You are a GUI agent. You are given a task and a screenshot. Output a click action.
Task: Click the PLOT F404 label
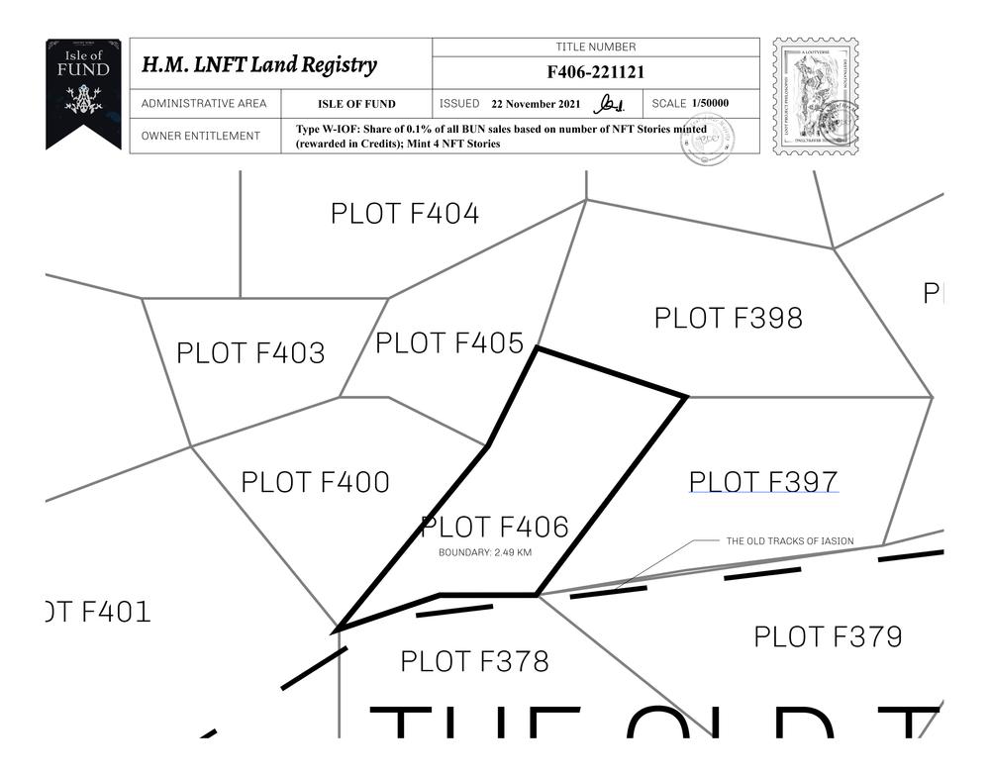(x=405, y=214)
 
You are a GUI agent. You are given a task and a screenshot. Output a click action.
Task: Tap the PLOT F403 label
(x=250, y=353)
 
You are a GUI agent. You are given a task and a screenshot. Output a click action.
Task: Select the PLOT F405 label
(x=449, y=343)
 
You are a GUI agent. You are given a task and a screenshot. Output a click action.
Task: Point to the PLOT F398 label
(x=729, y=319)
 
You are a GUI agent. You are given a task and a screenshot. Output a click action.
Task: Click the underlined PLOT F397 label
(x=763, y=482)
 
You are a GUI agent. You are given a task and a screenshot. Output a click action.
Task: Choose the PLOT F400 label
(x=316, y=483)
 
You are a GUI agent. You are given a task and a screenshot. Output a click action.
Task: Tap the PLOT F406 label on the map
(x=495, y=528)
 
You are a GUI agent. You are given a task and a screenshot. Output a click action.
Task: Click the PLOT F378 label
(x=474, y=661)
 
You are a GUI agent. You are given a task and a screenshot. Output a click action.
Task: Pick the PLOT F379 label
(x=829, y=636)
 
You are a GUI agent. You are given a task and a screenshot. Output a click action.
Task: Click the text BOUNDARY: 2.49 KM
(x=485, y=552)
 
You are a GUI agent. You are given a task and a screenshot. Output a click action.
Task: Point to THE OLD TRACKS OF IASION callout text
(x=790, y=541)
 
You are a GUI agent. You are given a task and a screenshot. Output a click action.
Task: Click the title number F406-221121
(x=596, y=72)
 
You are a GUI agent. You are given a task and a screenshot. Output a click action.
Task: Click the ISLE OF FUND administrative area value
(x=356, y=104)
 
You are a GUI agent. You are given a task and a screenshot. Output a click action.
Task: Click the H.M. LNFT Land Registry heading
(x=259, y=65)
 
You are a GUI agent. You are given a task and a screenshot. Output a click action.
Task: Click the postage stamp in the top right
(x=815, y=96)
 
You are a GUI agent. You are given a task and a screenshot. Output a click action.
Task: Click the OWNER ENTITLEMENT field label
(x=201, y=136)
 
